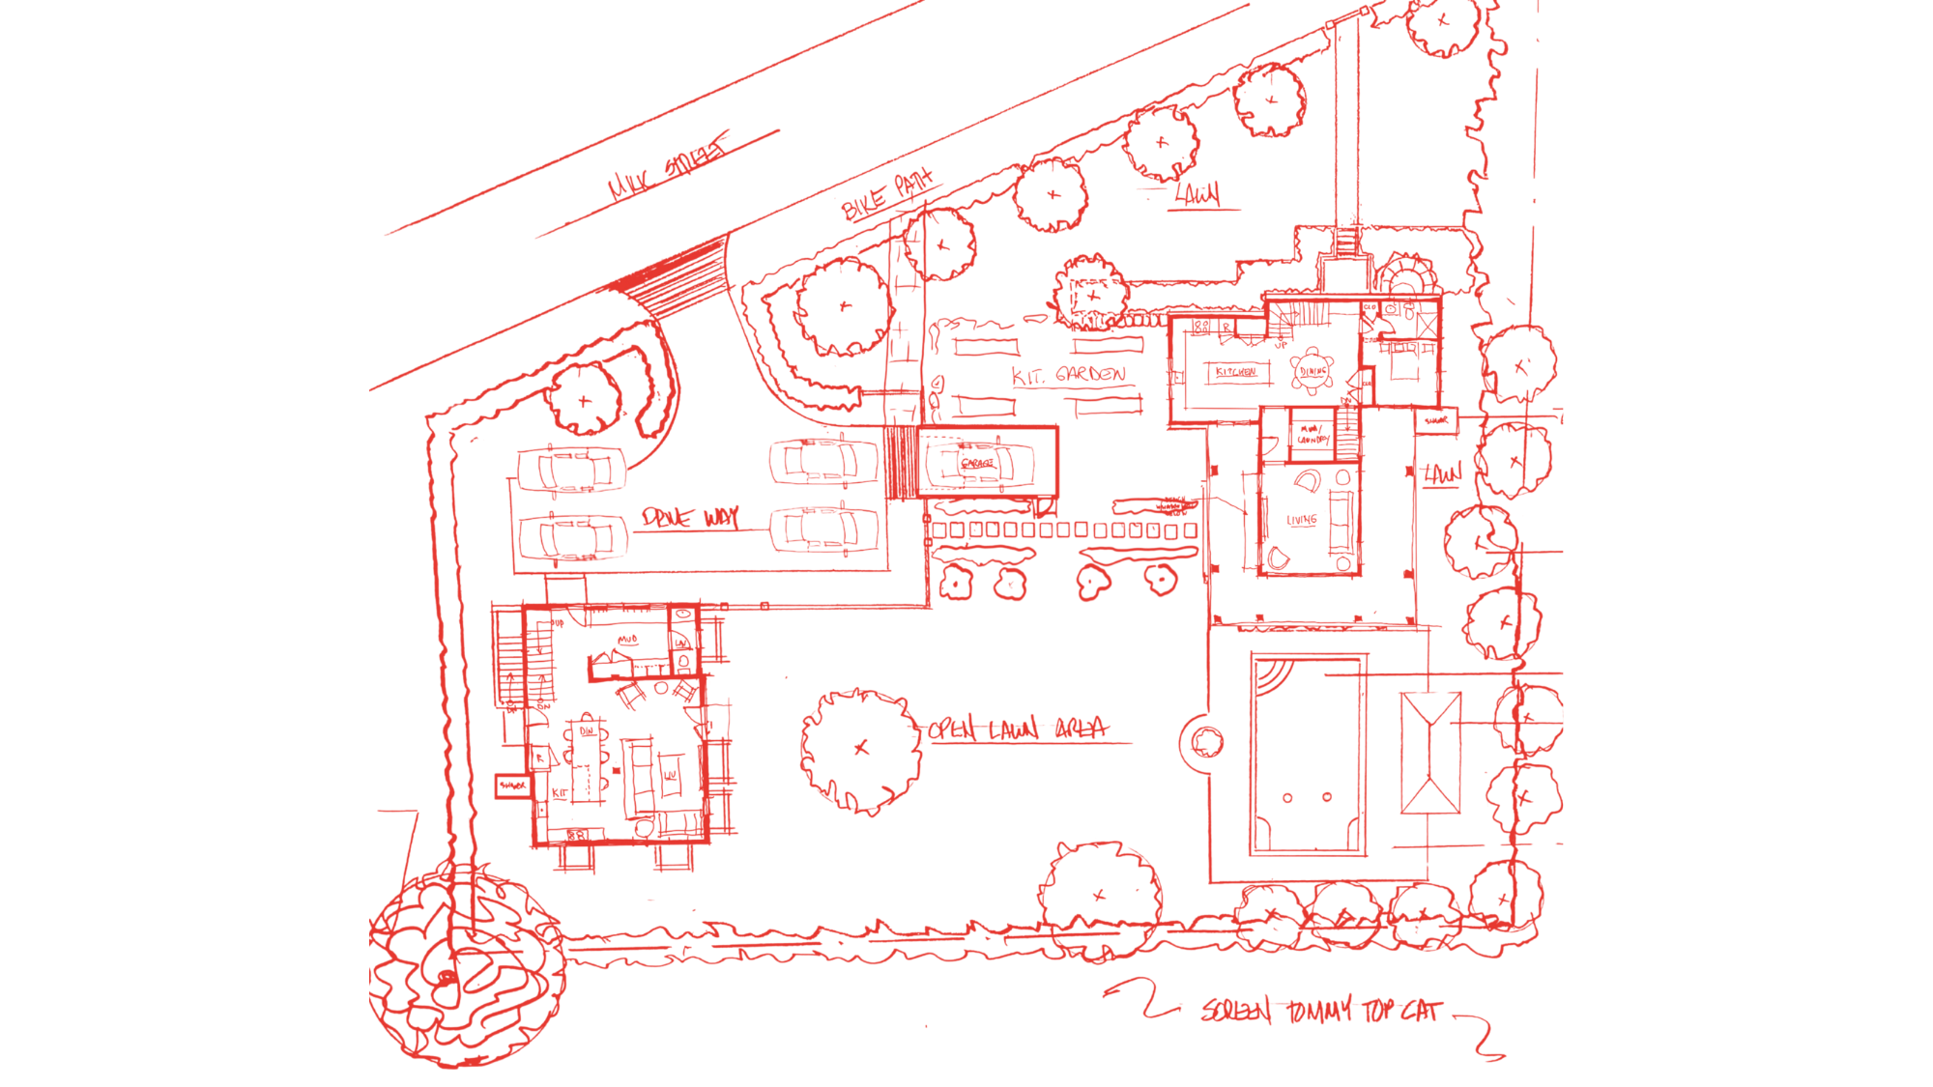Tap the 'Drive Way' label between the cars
coord(692,520)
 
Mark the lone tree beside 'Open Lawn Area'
coord(858,746)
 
